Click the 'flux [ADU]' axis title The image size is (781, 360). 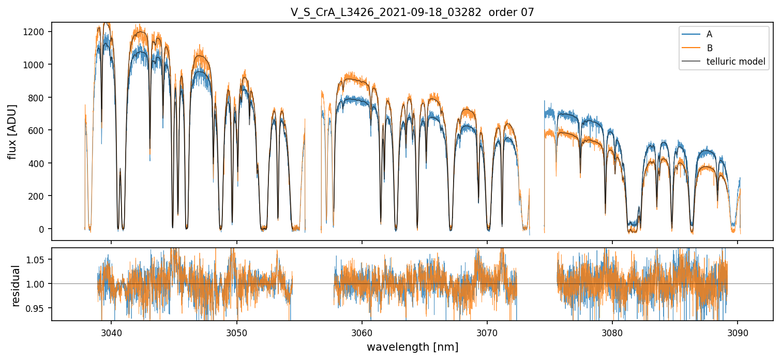click(x=12, y=131)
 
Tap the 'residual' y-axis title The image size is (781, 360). click(x=16, y=286)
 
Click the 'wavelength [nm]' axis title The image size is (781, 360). click(x=412, y=347)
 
